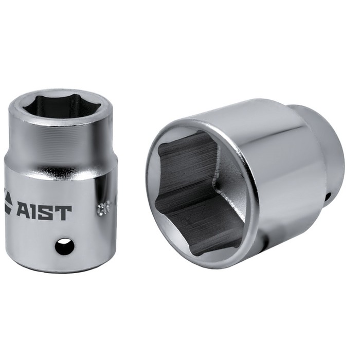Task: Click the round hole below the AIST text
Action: [65, 246]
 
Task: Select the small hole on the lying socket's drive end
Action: [328, 196]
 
